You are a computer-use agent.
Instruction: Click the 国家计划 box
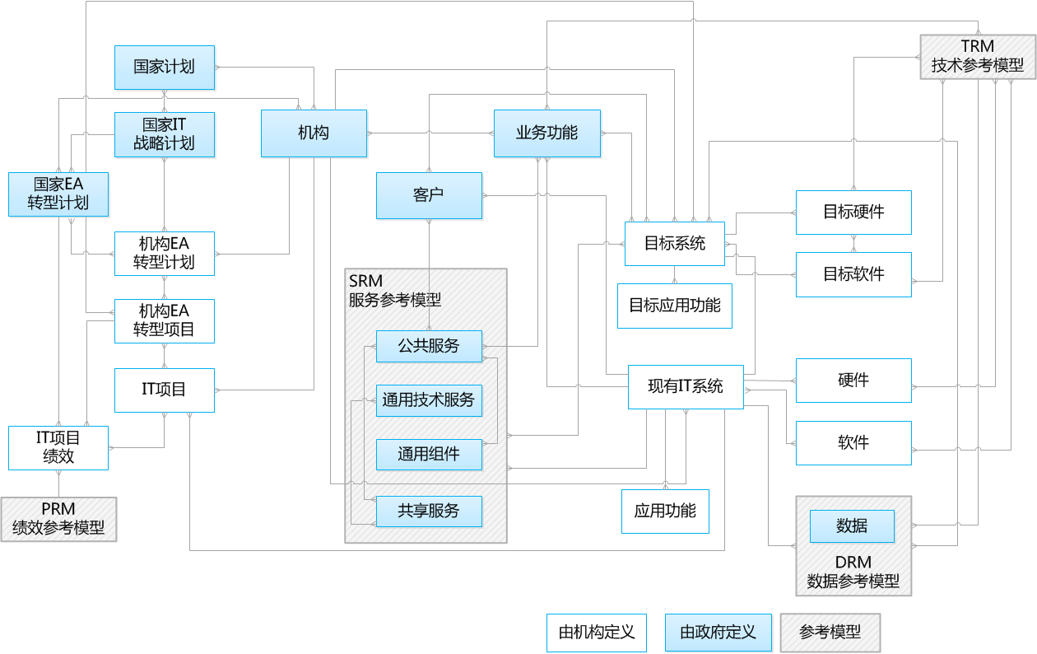coord(165,68)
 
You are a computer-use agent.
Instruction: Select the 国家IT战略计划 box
coord(165,134)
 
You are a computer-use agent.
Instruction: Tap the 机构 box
coord(314,133)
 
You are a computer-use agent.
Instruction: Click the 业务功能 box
coord(547,133)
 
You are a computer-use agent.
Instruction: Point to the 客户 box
coord(429,195)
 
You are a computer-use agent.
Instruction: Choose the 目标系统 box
coord(674,244)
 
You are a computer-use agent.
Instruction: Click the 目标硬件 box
coord(853,213)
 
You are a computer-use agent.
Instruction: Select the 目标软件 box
coord(853,274)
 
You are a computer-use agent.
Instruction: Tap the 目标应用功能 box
coord(674,306)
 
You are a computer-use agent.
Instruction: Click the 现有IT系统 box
coord(686,386)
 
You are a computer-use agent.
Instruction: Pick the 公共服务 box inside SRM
coord(429,346)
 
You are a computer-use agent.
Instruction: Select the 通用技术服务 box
coord(429,400)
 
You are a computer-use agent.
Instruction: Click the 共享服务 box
coord(429,511)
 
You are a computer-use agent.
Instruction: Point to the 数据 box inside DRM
coord(852,526)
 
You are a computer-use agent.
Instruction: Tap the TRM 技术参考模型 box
coord(977,57)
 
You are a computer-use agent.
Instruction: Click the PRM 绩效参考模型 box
coord(58,519)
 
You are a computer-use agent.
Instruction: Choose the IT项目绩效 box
coord(58,447)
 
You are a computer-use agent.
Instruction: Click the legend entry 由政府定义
coord(718,633)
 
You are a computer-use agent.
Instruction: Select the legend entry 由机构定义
coord(597,633)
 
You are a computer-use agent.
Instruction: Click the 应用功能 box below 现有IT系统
coord(665,511)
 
